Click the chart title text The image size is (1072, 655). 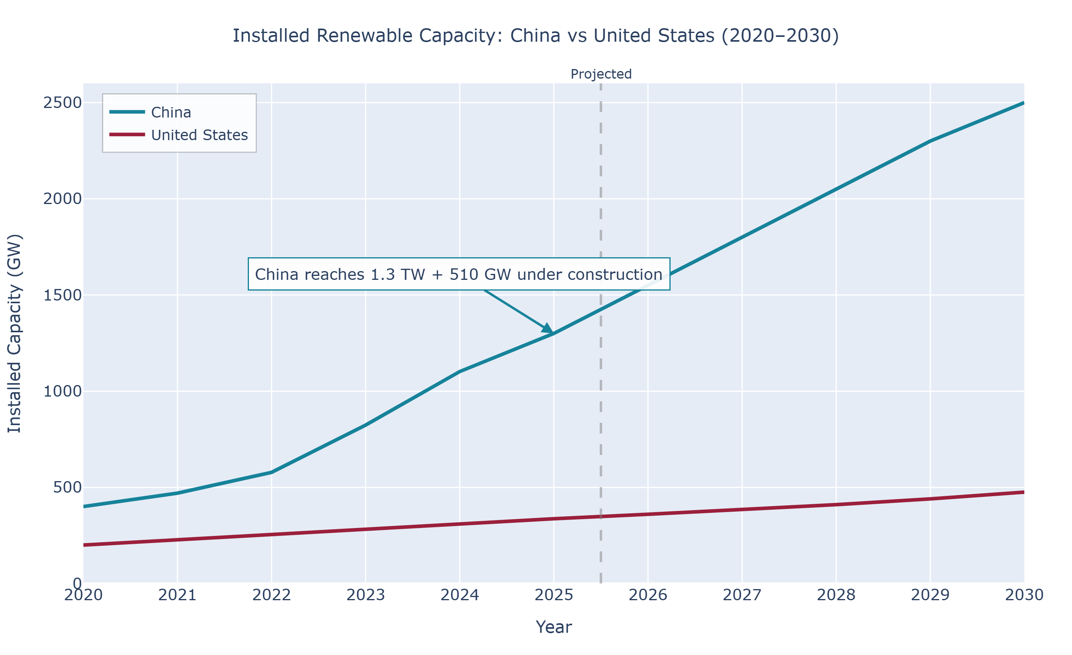[x=536, y=36]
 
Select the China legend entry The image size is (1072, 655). [x=171, y=113]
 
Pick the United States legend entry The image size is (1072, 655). [x=199, y=135]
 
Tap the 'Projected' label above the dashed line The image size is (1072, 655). [x=601, y=74]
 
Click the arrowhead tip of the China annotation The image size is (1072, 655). [x=553, y=333]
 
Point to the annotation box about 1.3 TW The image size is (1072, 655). [x=459, y=274]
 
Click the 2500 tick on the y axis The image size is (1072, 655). [x=62, y=103]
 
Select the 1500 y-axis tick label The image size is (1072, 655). [x=62, y=295]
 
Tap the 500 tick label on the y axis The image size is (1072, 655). [x=67, y=487]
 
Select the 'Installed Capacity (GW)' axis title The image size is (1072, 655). [x=15, y=333]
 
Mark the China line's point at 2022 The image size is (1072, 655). [x=272, y=472]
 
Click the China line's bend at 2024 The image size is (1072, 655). [x=460, y=372]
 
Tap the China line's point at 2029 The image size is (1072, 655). [x=930, y=141]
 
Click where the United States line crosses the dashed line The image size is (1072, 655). [x=601, y=517]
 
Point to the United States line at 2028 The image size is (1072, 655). [x=836, y=505]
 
